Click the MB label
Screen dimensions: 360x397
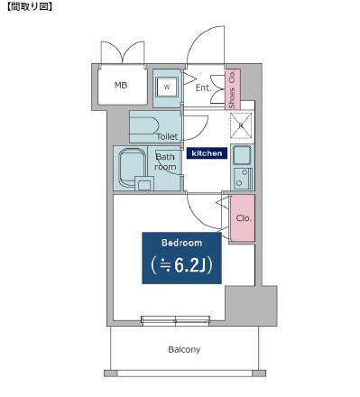click(121, 86)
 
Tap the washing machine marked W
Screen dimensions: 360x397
click(167, 87)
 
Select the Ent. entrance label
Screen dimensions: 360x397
click(204, 88)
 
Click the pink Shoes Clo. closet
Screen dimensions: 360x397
click(233, 89)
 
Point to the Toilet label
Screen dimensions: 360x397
click(167, 136)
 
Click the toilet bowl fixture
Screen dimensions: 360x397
click(144, 125)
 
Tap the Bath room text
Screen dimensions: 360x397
click(165, 162)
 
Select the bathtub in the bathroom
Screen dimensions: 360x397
click(131, 168)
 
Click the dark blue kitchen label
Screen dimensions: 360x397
click(207, 153)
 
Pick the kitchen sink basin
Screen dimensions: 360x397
click(242, 155)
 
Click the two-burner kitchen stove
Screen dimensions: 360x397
click(243, 178)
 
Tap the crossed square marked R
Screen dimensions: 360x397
click(241, 125)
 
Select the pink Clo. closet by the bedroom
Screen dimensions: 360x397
click(243, 218)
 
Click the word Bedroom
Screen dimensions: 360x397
click(181, 243)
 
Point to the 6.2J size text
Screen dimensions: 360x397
click(181, 265)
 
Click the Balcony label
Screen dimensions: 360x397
click(184, 349)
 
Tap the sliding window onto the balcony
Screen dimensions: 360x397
click(176, 321)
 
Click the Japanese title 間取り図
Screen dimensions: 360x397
click(30, 6)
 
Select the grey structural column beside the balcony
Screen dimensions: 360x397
click(251, 306)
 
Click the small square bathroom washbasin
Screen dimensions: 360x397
click(144, 183)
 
